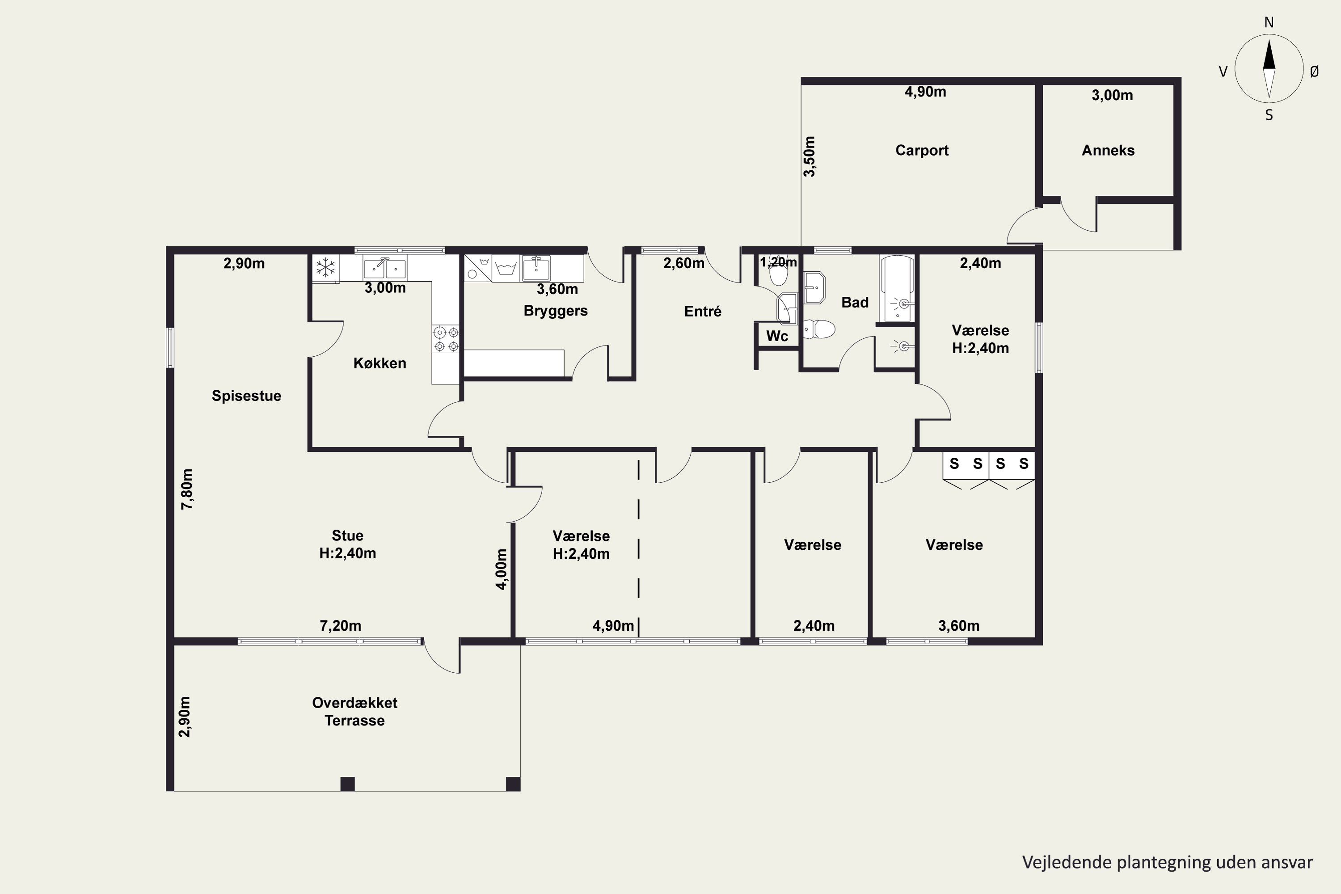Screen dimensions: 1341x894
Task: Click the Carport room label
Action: pos(921,151)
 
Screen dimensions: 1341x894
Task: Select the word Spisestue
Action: pos(246,396)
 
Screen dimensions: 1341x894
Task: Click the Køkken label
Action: pos(380,363)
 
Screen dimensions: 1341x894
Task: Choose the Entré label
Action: pos(702,311)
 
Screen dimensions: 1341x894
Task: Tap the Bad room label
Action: pos(855,302)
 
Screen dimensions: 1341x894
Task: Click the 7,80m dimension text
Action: pos(187,489)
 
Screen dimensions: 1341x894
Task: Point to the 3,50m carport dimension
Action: pos(809,156)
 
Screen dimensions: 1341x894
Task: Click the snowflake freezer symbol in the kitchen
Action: pos(325,267)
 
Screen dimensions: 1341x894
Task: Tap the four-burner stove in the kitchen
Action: pos(446,339)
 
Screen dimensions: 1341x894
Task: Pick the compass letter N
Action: pos(1269,23)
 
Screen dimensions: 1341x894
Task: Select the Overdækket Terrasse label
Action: pos(354,712)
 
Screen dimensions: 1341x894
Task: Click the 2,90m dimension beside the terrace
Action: pos(185,717)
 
